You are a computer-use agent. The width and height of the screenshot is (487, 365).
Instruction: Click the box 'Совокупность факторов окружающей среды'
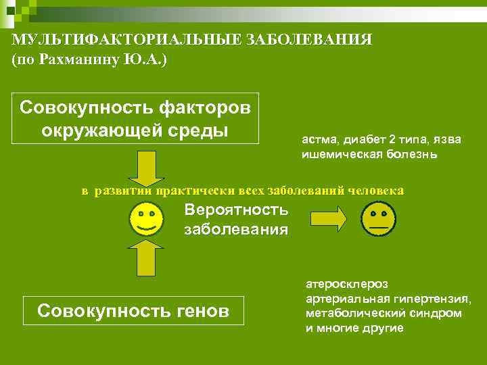pyautogui.click(x=135, y=118)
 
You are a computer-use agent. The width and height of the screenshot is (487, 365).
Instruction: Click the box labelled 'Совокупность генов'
pyautogui.click(x=134, y=311)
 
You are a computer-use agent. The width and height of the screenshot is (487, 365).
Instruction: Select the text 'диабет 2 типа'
pyautogui.click(x=381, y=139)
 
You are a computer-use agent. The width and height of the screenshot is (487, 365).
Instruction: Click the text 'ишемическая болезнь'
pyautogui.click(x=369, y=154)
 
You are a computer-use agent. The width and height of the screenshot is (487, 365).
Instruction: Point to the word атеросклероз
pyautogui.click(x=342, y=285)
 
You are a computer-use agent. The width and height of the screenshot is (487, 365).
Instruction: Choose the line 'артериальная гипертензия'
pyautogui.click(x=388, y=299)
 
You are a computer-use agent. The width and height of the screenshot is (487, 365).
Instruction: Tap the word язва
pyautogui.click(x=446, y=139)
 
